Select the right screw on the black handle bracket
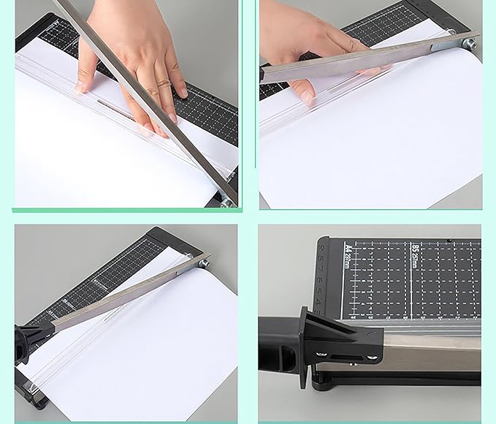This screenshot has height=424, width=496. point(373,357)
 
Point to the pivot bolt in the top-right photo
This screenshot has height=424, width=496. point(469,43)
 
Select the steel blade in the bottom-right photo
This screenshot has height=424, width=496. point(431,358)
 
